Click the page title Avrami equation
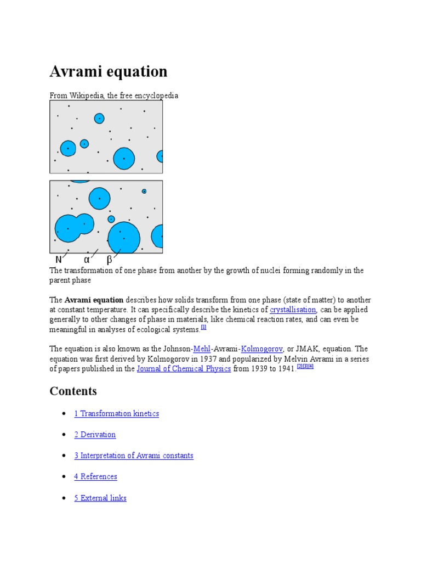point(109,72)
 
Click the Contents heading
point(73,391)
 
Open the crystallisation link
point(293,310)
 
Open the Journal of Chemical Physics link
point(184,369)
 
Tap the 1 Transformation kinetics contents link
point(116,413)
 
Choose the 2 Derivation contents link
point(95,435)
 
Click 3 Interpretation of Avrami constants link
point(134,456)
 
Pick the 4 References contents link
point(95,476)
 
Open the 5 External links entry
point(100,498)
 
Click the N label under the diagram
point(59,260)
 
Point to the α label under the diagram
point(87,260)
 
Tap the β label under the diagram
point(110,260)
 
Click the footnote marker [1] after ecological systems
point(203,327)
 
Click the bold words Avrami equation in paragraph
point(94,300)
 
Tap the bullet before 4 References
point(65,476)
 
